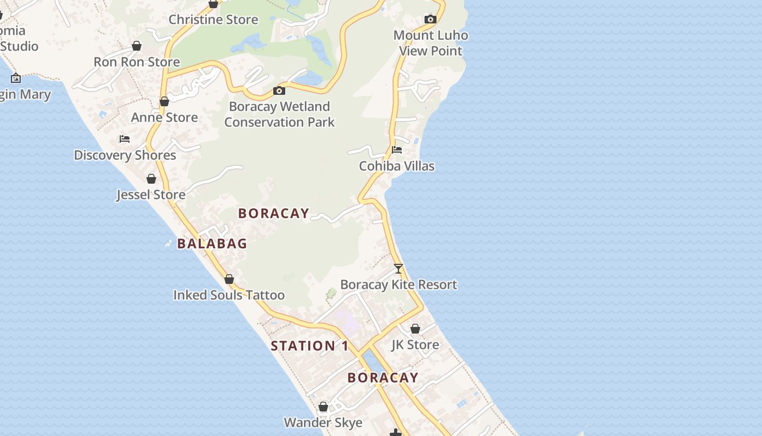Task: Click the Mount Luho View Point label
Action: (x=431, y=43)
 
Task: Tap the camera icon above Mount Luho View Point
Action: (x=431, y=20)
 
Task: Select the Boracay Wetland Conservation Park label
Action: (x=279, y=114)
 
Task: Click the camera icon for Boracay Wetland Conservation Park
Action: (x=279, y=90)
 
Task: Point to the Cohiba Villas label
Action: (x=397, y=166)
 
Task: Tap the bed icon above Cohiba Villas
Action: (x=397, y=150)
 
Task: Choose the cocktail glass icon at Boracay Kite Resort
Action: (x=398, y=269)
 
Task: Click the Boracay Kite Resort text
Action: (x=398, y=284)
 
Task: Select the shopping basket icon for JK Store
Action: (x=415, y=329)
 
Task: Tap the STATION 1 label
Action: (x=310, y=346)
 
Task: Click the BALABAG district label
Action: (x=212, y=244)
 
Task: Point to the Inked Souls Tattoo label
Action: (x=229, y=295)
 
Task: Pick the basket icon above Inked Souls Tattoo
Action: (x=229, y=279)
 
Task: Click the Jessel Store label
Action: (x=151, y=195)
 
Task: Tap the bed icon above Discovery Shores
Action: (x=125, y=139)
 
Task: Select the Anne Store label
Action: (x=164, y=117)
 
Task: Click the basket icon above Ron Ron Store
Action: (x=137, y=46)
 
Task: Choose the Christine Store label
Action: (x=213, y=20)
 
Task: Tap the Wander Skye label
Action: (x=323, y=422)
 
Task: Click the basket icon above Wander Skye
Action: (x=323, y=407)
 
